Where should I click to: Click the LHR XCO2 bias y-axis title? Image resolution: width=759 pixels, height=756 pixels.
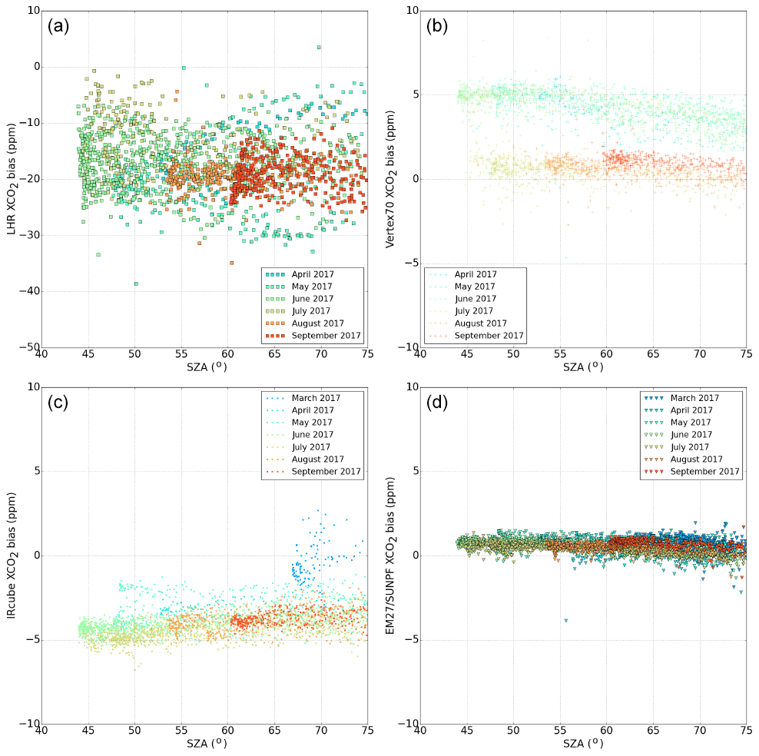coord(13,179)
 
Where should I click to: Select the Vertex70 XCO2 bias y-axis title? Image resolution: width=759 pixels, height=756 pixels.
coord(391,179)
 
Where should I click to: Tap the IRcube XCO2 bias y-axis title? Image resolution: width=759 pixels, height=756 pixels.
coord(13,555)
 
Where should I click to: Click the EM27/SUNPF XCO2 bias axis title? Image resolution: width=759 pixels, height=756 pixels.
coord(391,555)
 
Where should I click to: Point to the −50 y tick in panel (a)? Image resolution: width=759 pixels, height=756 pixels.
coord(28,348)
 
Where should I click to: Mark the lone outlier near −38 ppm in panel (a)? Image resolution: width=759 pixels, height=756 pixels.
coord(136,283)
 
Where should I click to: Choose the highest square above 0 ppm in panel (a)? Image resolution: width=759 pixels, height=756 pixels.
coord(319,47)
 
